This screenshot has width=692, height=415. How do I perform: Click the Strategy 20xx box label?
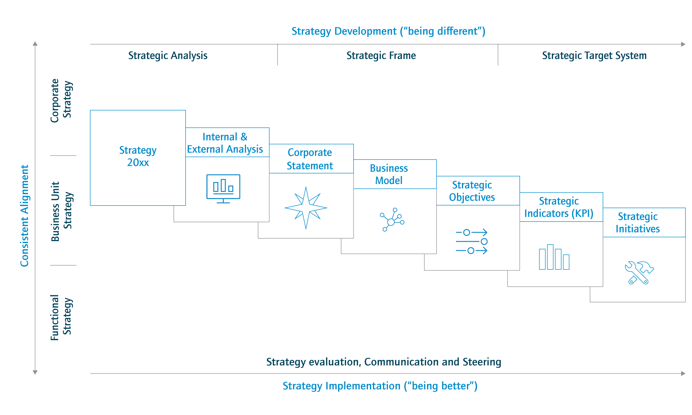(x=138, y=156)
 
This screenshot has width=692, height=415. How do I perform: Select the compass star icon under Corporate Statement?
(x=306, y=208)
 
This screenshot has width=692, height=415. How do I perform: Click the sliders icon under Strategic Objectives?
(x=472, y=241)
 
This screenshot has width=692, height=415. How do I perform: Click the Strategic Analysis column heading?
(x=168, y=56)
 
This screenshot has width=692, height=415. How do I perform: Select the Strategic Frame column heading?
(x=381, y=56)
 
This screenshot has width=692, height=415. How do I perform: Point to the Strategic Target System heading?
(x=594, y=56)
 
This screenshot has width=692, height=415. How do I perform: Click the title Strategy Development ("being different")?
(x=388, y=31)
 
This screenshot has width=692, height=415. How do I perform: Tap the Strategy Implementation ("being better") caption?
(x=380, y=386)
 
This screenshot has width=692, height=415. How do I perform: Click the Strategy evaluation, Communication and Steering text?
(x=384, y=362)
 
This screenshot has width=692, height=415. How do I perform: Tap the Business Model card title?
(x=389, y=174)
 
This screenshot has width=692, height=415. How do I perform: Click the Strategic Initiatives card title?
(x=637, y=223)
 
